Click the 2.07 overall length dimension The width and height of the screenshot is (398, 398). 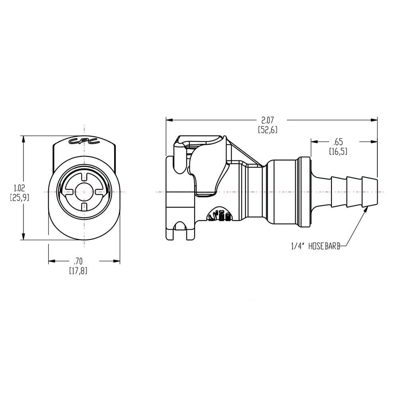pyautogui.click(x=267, y=119)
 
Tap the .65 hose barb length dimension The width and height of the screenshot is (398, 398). pyautogui.click(x=339, y=141)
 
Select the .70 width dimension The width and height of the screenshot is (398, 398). pyautogui.click(x=78, y=261)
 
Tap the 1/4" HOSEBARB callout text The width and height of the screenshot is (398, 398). pyautogui.click(x=316, y=246)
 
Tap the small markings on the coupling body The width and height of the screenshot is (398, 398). pyautogui.click(x=220, y=215)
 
